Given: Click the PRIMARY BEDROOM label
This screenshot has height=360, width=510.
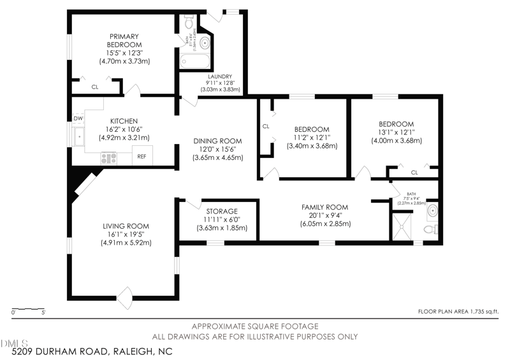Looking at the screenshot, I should coord(124,41).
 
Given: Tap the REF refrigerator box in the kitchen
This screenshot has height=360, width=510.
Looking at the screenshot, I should coord(142,156).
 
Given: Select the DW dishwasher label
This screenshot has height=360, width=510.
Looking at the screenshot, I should coord(78,119).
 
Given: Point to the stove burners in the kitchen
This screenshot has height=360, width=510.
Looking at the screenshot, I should coord(108,156).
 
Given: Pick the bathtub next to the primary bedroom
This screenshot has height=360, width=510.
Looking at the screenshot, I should coord(194,62).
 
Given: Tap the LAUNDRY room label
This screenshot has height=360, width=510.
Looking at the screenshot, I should coord(219,76).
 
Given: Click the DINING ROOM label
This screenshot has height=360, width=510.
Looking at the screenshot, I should coord(218,141).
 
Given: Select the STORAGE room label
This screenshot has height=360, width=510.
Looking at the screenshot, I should coord(222,211).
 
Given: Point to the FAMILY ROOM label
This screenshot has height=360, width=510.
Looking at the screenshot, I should coord(325,207).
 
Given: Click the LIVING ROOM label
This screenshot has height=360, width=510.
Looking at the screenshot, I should coord(126,226).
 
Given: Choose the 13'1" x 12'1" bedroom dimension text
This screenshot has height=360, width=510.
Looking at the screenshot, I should coord(396,133).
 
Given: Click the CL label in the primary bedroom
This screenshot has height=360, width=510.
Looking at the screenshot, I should coord(95,87).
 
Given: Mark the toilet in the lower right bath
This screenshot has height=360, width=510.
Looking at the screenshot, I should coord(432,227).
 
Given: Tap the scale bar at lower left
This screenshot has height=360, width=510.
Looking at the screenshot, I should coord(28,310).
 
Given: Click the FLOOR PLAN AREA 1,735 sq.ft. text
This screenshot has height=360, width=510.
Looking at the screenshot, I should coord(458,312).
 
